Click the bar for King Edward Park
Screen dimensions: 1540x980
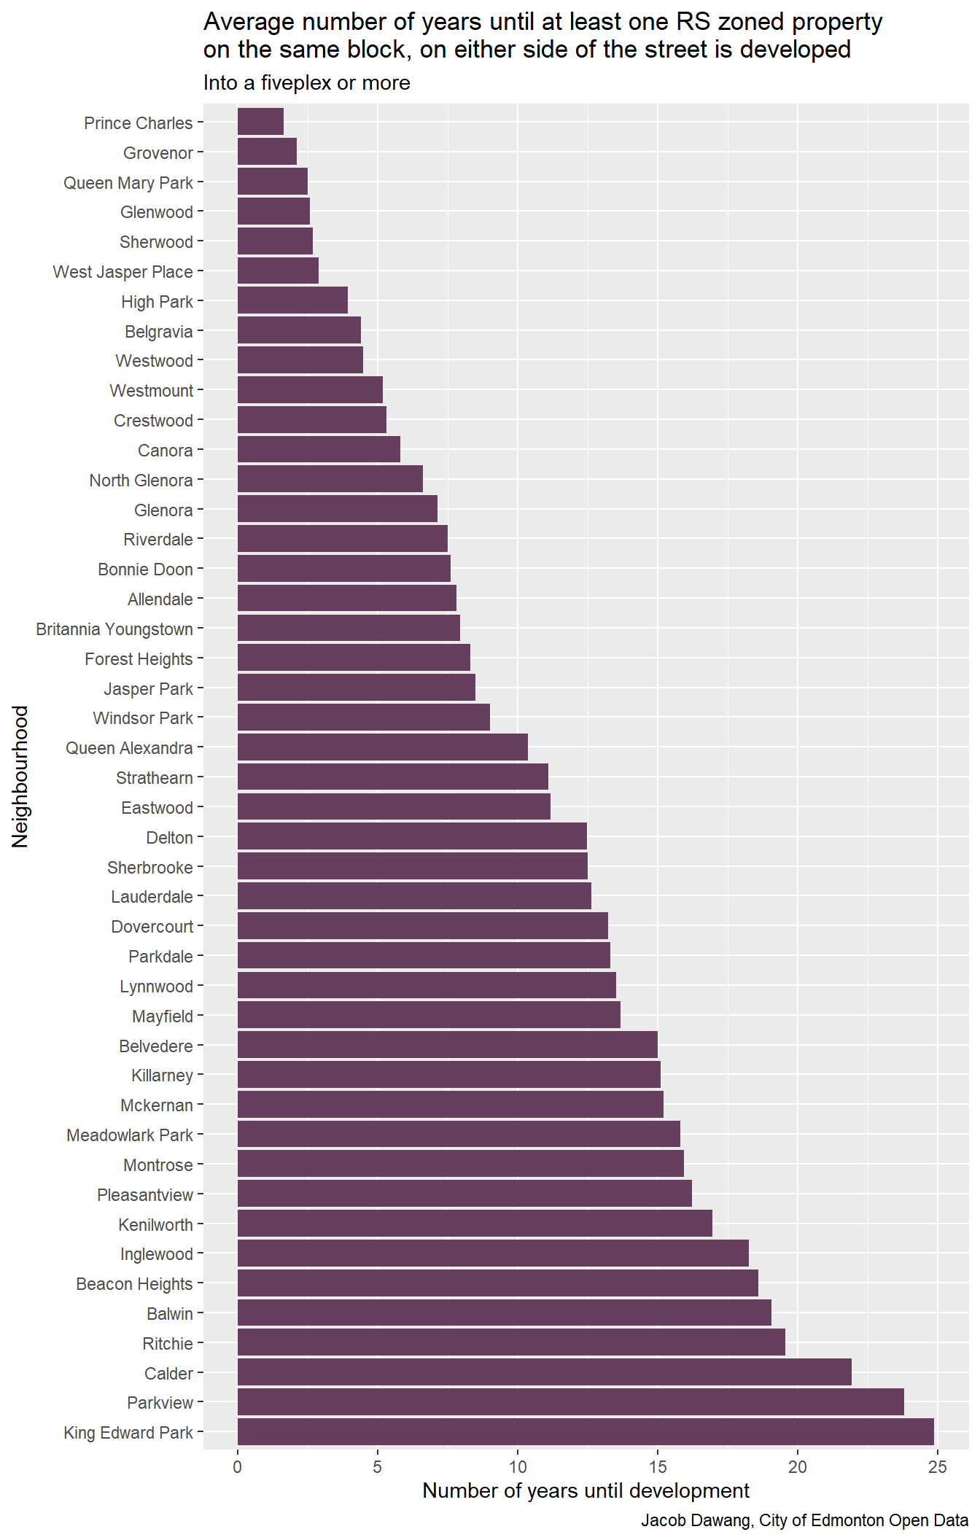pyautogui.click(x=586, y=1432)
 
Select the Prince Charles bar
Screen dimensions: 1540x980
pyautogui.click(x=260, y=122)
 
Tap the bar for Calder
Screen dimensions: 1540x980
pyautogui.click(x=544, y=1372)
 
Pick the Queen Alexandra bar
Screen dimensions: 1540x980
pyautogui.click(x=382, y=747)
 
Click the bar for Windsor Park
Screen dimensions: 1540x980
pyautogui.click(x=363, y=717)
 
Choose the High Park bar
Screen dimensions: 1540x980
pyautogui.click(x=292, y=300)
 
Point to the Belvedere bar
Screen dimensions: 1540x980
pyautogui.click(x=447, y=1045)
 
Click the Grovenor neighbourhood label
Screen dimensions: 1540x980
pyautogui.click(x=158, y=153)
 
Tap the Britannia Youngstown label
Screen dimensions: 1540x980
pyautogui.click(x=114, y=629)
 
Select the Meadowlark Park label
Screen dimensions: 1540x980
pyautogui.click(x=130, y=1135)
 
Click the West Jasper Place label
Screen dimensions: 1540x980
pyautogui.click(x=123, y=272)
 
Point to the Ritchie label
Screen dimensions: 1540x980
pyautogui.click(x=168, y=1343)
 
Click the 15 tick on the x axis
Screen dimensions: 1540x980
pyautogui.click(x=658, y=1467)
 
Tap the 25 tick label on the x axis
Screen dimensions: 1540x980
pyautogui.click(x=938, y=1467)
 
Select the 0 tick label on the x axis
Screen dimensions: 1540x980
pyautogui.click(x=238, y=1467)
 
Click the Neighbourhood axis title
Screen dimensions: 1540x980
pyautogui.click(x=20, y=776)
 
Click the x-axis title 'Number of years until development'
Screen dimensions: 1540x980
pyautogui.click(x=586, y=1491)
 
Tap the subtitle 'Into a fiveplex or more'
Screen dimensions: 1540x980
pyautogui.click(x=306, y=83)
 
